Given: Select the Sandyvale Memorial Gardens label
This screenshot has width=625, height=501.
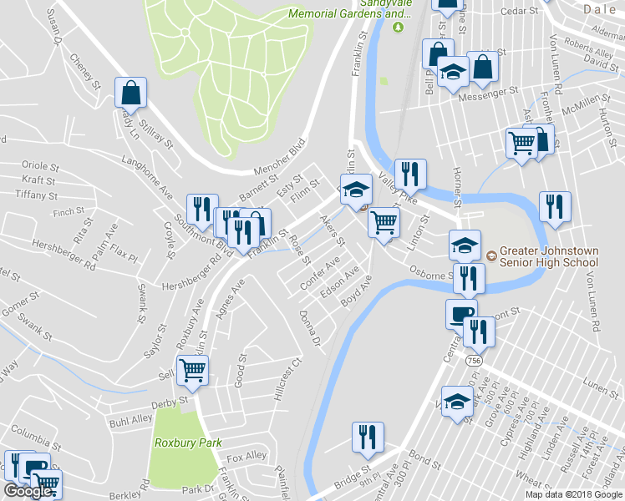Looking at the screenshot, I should tap(350, 9).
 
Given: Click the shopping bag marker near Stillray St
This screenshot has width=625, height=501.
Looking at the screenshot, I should tap(131, 93).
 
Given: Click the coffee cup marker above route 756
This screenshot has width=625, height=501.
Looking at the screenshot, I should tap(460, 314).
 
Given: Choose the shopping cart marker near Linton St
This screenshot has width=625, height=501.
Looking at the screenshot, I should tap(384, 223).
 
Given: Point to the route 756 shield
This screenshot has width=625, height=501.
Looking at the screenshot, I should tap(475, 360).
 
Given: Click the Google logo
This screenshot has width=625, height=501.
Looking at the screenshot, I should tap(28, 491).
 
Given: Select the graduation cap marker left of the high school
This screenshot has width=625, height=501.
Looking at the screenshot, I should tap(465, 244).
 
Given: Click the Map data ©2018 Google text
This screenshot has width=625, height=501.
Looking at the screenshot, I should tap(574, 493).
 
